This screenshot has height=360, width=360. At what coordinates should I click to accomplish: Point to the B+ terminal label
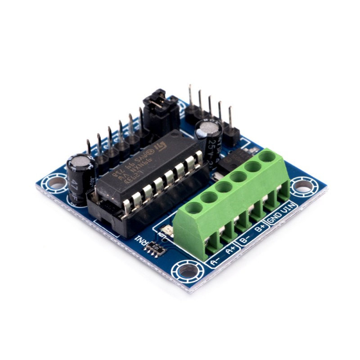(260, 229)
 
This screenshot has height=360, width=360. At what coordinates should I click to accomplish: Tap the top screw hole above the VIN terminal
(268, 157)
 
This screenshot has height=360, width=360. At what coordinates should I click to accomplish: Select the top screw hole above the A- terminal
(193, 208)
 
